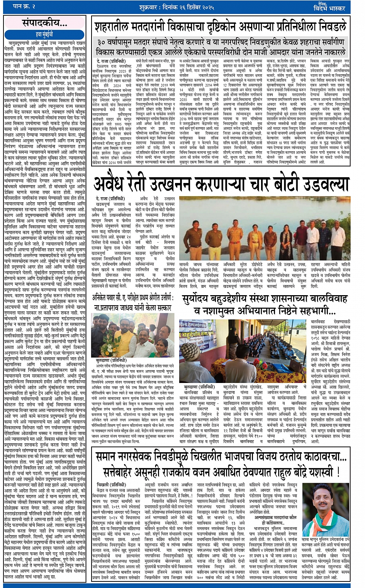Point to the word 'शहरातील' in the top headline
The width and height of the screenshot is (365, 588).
pyautogui.click(x=115, y=28)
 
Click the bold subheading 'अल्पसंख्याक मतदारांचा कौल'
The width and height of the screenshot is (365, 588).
pyautogui.click(x=275, y=517)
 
